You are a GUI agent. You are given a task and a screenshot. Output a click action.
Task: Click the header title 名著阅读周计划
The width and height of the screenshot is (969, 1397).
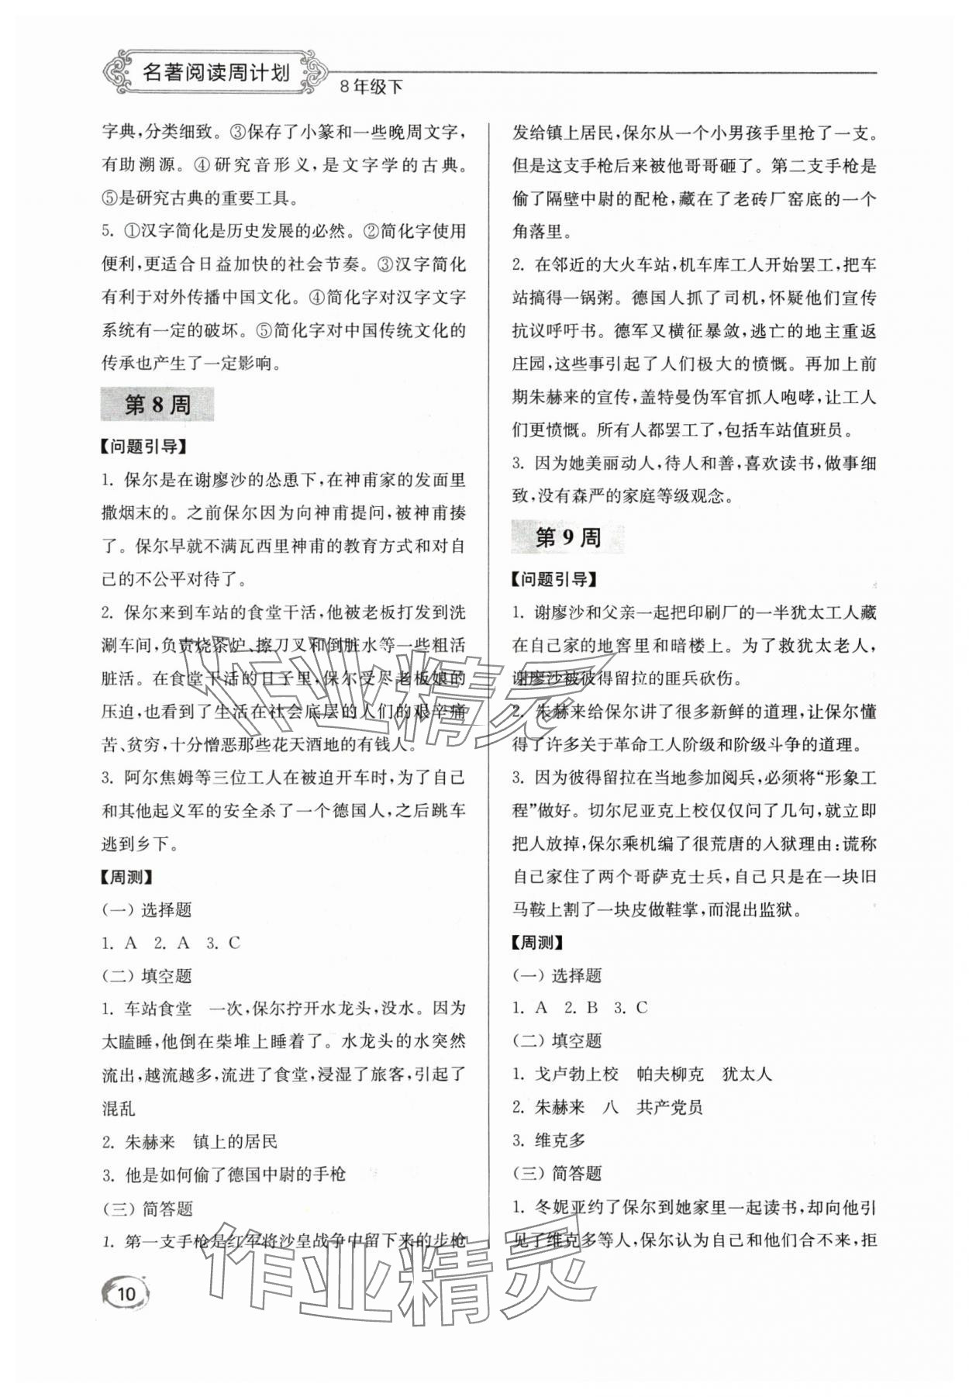[216, 74]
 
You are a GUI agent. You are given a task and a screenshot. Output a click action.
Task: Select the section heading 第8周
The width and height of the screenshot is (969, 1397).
[157, 405]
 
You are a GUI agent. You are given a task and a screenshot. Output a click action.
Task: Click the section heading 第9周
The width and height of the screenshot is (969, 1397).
[567, 538]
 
